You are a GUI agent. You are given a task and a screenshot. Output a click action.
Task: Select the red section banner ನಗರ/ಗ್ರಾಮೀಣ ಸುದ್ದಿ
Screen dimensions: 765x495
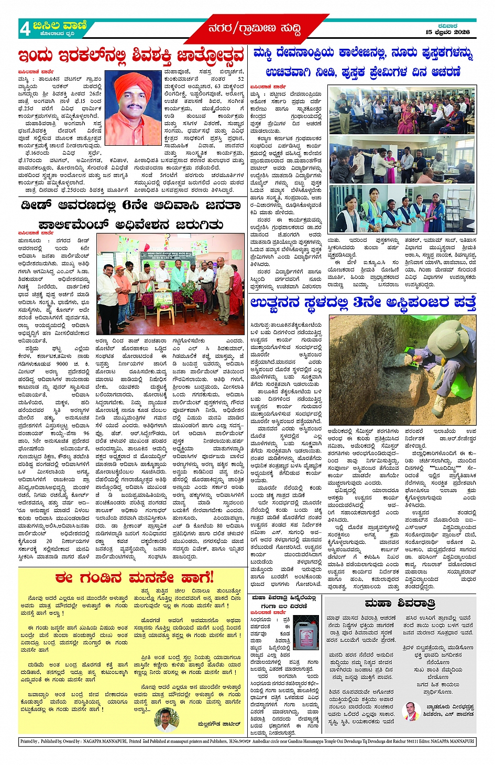pos(254,29)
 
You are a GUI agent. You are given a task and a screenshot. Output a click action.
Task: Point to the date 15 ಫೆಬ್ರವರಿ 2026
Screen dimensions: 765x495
pos(447,33)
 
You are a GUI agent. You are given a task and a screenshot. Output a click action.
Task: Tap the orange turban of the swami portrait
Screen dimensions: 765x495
pos(133,83)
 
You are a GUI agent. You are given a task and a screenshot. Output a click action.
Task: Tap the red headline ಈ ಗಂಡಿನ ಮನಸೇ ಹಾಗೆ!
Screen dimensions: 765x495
pos(134,578)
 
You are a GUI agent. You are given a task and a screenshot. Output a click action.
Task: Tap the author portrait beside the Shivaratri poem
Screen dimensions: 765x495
pos(412,711)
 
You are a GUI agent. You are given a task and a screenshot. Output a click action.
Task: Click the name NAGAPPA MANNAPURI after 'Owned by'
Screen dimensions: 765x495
pos(105,741)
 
